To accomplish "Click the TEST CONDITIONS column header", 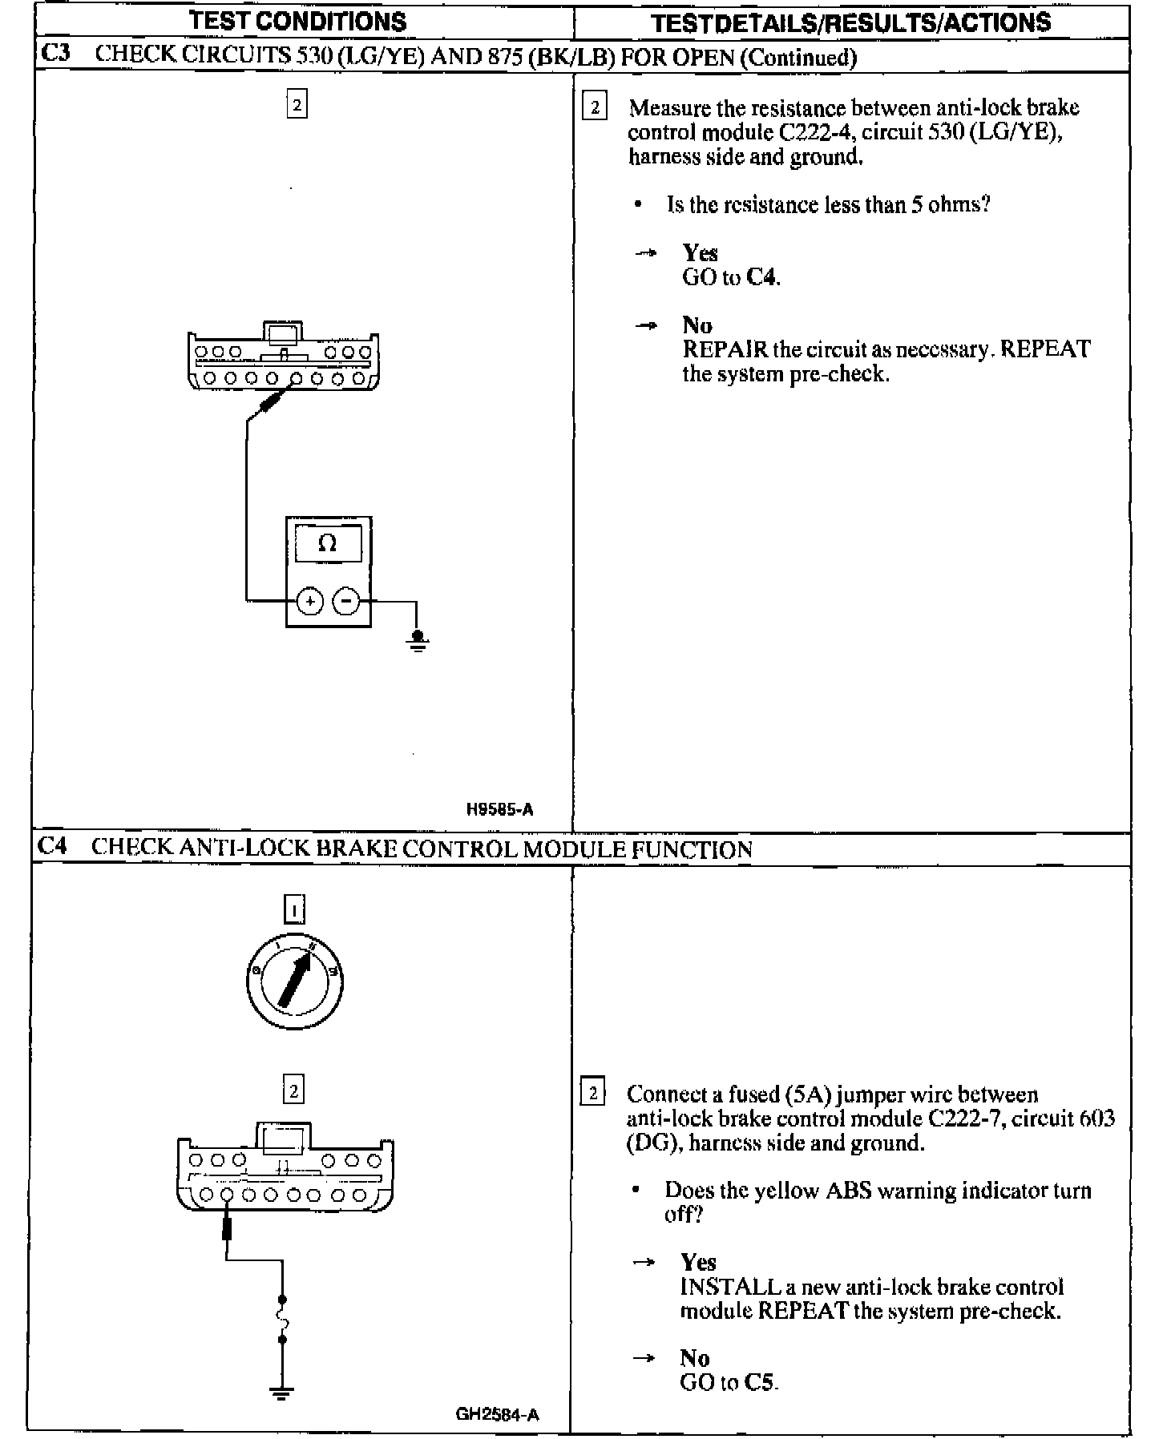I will point(297,22).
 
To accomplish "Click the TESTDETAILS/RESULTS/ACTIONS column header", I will point(850,22).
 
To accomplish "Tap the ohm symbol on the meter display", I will point(327,544).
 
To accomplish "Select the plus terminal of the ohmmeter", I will point(310,600).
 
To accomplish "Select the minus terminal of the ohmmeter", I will point(346,600).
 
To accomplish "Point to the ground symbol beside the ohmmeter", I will point(417,640).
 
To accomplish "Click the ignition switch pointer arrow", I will point(295,980).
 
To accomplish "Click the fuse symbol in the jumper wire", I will point(282,1319).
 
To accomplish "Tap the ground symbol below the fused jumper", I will point(281,1392).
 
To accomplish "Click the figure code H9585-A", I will point(499,809).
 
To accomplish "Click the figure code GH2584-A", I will point(497,1414).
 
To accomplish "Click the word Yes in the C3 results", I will point(700,253).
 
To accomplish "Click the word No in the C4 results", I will point(694,1358).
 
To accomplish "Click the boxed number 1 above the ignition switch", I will point(295,909).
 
